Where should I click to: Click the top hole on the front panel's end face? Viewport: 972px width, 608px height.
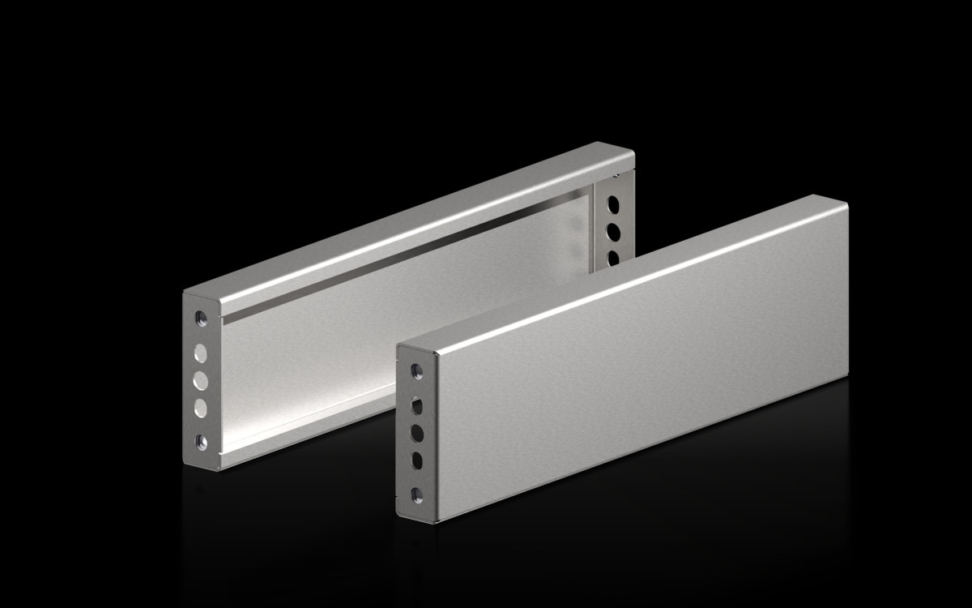click(417, 371)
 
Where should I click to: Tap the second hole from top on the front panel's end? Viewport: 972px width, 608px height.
click(417, 404)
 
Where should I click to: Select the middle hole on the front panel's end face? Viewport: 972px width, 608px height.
click(417, 431)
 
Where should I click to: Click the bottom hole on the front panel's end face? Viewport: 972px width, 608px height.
click(417, 493)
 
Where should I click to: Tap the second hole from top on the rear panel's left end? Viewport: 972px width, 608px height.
click(201, 353)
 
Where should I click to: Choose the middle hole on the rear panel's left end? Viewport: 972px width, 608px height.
click(201, 380)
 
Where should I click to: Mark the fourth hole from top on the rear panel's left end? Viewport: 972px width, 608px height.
click(201, 408)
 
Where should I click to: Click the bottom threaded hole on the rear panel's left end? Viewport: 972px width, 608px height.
click(201, 442)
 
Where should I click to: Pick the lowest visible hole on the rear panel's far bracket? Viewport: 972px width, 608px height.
click(614, 258)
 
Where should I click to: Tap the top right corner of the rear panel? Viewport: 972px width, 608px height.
click(633, 151)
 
